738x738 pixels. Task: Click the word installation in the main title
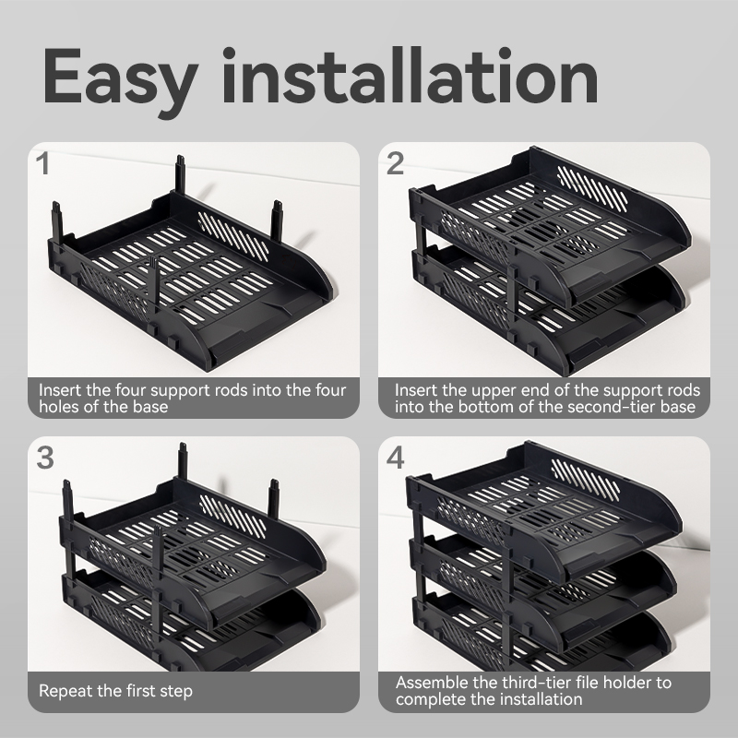coord(410,76)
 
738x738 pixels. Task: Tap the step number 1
coord(43,164)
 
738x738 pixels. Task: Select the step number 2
coord(396,164)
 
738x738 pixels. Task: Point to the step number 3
coord(45,458)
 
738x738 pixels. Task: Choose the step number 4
coord(396,458)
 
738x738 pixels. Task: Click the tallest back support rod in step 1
coord(180,174)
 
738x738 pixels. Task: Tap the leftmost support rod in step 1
coord(57,222)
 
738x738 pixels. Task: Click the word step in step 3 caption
coord(176,691)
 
